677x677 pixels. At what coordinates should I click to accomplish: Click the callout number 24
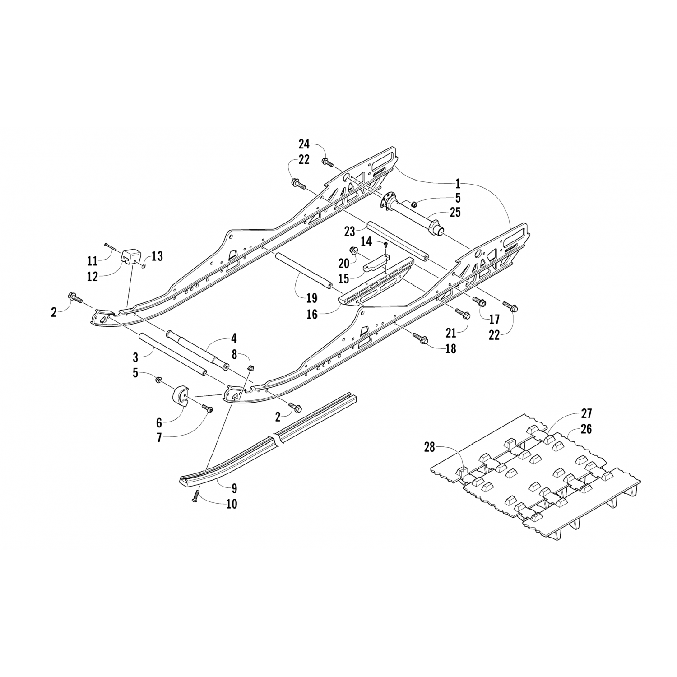304,144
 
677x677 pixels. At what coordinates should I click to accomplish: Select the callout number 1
458,183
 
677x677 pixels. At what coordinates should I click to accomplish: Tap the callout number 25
455,212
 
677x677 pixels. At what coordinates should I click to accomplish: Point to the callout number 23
350,232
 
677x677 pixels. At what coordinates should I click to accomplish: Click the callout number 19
311,298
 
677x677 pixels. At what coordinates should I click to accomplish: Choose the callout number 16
312,314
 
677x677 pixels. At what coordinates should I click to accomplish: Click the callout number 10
231,503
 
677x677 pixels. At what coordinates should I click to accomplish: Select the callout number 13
157,256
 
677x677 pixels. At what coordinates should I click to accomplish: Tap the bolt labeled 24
327,162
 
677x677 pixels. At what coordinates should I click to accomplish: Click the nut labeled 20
354,251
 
